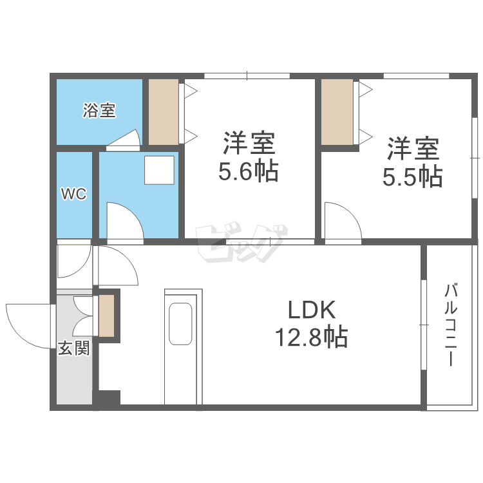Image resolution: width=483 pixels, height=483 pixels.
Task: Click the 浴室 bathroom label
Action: pos(99,110)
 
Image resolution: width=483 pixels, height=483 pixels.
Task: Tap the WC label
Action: pos(73,194)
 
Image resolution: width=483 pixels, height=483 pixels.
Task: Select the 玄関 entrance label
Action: pos(74,348)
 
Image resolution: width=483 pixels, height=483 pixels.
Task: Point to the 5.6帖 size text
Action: pos(249,171)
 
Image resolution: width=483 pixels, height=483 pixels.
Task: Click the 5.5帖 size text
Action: pos(412,177)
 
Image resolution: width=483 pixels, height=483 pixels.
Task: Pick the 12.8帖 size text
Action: pos(312,337)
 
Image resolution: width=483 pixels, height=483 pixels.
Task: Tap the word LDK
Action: pos(312,310)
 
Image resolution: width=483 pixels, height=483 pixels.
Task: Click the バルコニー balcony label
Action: pos(450,325)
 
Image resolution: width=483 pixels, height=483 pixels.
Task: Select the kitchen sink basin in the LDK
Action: pos(180,324)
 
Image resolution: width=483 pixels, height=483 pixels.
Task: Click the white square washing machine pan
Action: pos(159,170)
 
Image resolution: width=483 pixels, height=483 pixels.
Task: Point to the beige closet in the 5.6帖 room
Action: pos(164,112)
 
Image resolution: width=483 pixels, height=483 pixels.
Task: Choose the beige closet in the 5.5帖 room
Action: pos(337,112)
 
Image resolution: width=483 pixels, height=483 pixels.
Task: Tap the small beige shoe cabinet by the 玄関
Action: pos(106,316)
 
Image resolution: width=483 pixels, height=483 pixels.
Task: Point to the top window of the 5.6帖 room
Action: pos(247,76)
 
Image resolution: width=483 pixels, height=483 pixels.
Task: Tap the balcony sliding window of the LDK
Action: pos(424,325)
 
